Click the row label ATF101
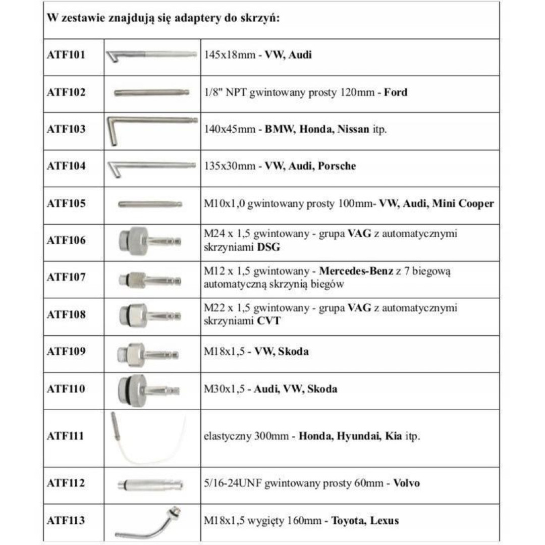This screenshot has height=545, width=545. point(66,54)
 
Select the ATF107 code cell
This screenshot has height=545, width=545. point(66,277)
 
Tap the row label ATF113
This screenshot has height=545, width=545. point(66,520)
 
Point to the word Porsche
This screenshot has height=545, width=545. point(337,166)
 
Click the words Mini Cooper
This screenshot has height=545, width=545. point(463,203)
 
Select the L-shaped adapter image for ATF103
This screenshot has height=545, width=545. point(151,129)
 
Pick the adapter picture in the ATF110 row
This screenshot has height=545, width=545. point(148,390)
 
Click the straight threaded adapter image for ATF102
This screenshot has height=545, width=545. point(151,92)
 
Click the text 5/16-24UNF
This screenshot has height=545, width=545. point(231,483)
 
